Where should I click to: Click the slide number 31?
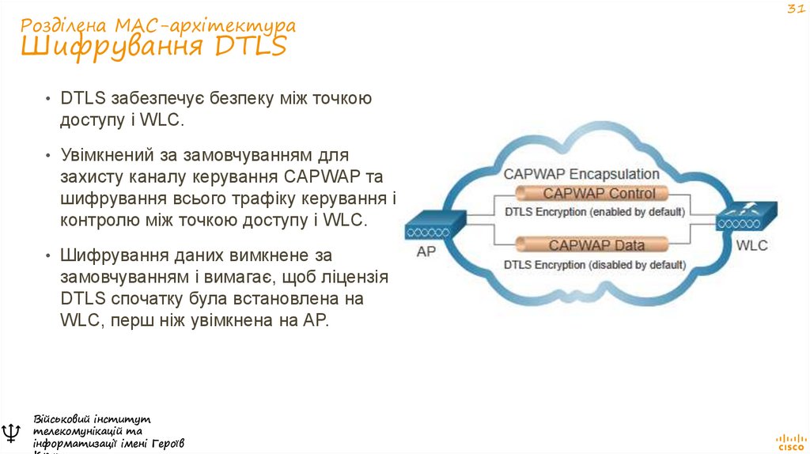tap(793, 9)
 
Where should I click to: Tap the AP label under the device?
tap(427, 252)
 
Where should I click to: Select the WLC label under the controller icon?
tap(751, 245)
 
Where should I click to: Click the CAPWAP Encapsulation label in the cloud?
tap(581, 173)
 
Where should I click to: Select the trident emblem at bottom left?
tap(12, 433)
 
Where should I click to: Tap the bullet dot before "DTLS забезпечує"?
tap(49, 99)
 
